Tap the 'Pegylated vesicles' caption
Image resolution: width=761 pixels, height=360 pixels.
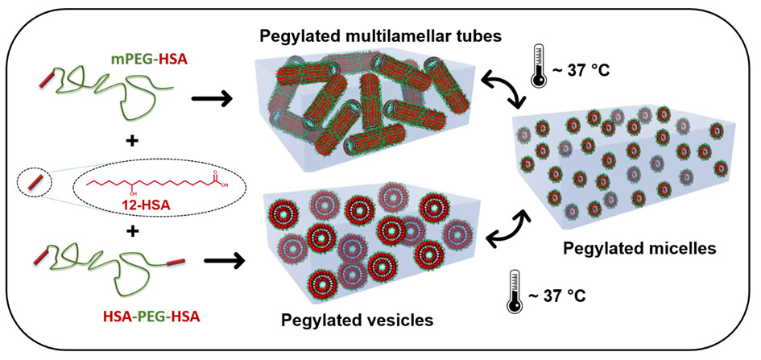pos(357,320)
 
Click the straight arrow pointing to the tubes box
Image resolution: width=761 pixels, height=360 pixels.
pos(211,101)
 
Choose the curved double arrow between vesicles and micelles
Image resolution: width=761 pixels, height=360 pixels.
pos(505,230)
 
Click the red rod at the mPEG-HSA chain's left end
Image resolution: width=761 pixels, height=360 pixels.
pos(50,81)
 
